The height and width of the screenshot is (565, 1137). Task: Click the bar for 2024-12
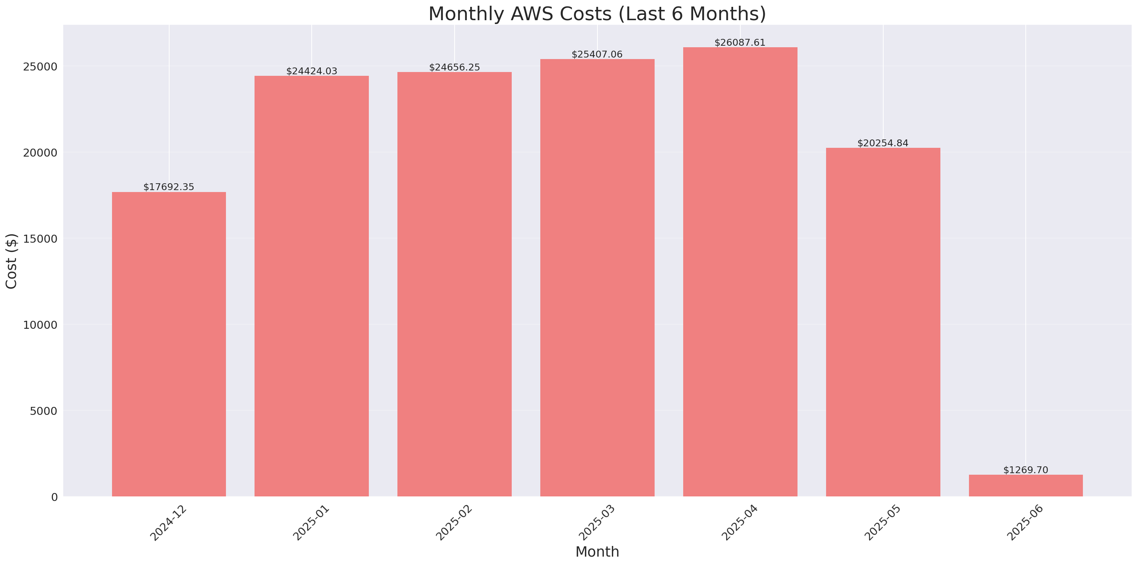click(x=169, y=344)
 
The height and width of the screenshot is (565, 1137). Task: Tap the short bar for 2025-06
click(x=1025, y=485)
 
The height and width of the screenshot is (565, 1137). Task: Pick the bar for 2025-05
click(x=883, y=322)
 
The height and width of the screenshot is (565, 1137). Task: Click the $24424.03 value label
click(x=312, y=71)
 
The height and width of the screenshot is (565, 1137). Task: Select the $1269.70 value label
click(x=1025, y=470)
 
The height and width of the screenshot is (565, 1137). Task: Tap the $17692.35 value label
click(x=169, y=187)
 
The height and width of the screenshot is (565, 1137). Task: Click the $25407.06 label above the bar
click(x=597, y=54)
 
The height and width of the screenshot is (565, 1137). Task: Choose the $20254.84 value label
click(x=883, y=143)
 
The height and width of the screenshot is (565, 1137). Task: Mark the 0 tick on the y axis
click(x=54, y=498)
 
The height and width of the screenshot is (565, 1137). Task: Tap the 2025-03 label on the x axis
click(x=597, y=523)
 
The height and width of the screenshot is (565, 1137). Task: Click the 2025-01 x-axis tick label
click(x=311, y=523)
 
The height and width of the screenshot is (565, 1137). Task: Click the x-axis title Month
click(x=597, y=552)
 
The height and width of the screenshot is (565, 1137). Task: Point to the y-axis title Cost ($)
click(x=11, y=261)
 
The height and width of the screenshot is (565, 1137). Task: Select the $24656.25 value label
click(x=454, y=67)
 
